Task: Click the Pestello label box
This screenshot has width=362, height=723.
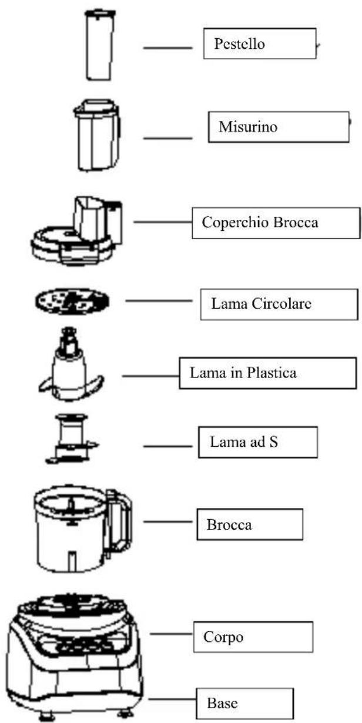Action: (259, 44)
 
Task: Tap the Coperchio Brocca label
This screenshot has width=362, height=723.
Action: (275, 222)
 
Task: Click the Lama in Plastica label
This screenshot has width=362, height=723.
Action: (268, 373)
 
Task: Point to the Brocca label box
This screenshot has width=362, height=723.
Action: (249, 524)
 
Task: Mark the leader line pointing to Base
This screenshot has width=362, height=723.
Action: (171, 699)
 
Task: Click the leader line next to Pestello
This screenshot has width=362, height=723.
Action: (168, 47)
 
